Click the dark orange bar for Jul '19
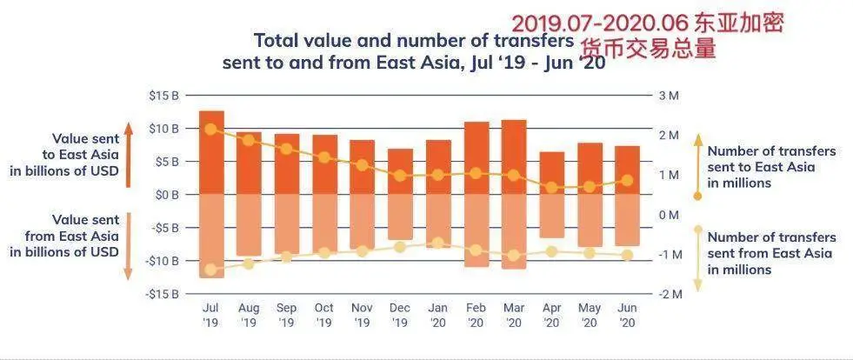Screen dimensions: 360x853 [x=211, y=152]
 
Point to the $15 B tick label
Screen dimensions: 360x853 [x=163, y=95]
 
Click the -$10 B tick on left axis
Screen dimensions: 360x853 [x=162, y=261]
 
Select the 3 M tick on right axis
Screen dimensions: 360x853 [x=668, y=95]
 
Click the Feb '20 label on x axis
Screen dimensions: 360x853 [x=476, y=315]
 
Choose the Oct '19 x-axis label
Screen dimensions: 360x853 [x=324, y=315]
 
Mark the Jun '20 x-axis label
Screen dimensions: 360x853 [x=627, y=315]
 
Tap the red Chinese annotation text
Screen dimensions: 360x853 [x=647, y=36]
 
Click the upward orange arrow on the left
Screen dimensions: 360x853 [x=128, y=155]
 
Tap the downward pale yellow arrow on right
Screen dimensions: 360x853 [x=697, y=259]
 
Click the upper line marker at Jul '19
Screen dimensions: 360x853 [x=211, y=129]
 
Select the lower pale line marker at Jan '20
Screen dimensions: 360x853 [x=438, y=243]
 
